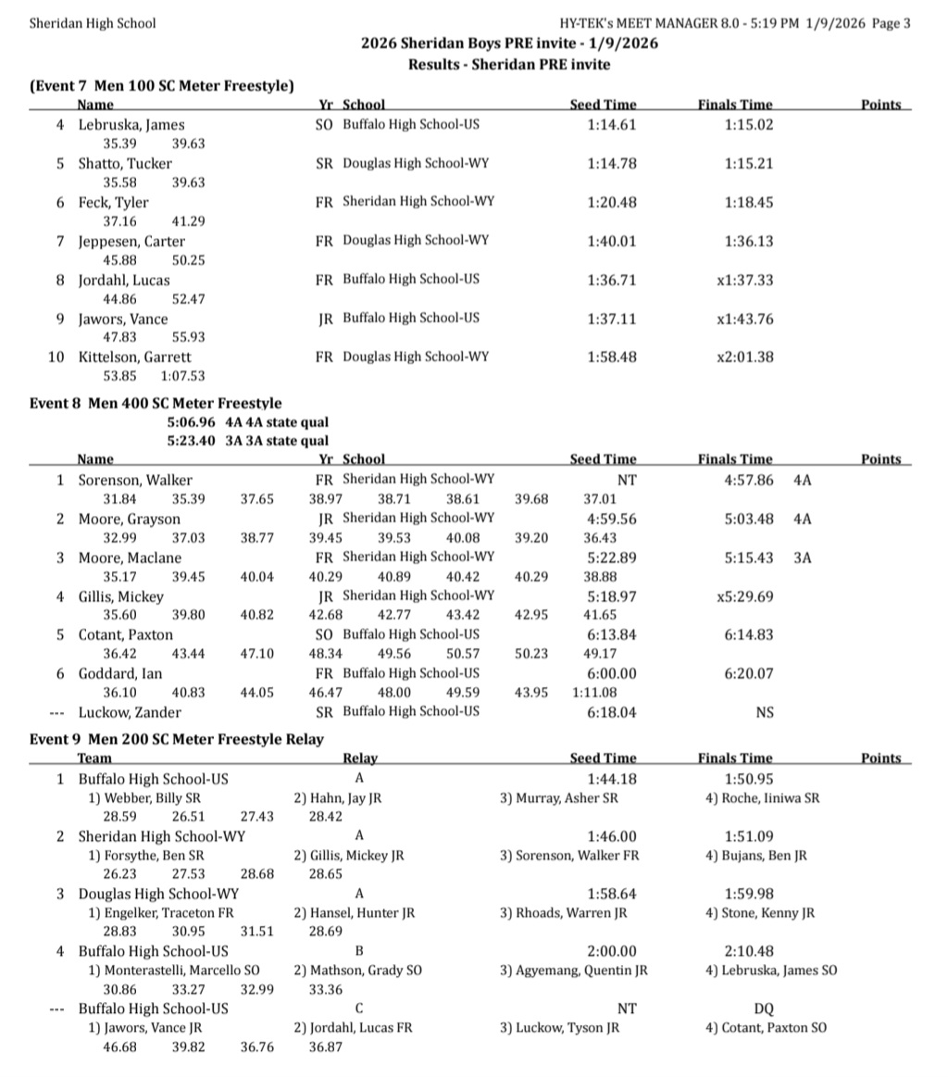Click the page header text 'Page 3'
coord(892,23)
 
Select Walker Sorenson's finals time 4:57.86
coord(749,481)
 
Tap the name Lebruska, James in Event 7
coord(131,125)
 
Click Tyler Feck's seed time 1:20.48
coord(612,203)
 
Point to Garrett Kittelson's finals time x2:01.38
coord(745,357)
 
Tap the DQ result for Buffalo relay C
coord(764,1009)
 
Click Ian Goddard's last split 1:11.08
coord(597,693)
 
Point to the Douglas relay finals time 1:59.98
coord(749,895)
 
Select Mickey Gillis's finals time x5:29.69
coord(745,597)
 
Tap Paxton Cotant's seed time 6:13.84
coord(612,635)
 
